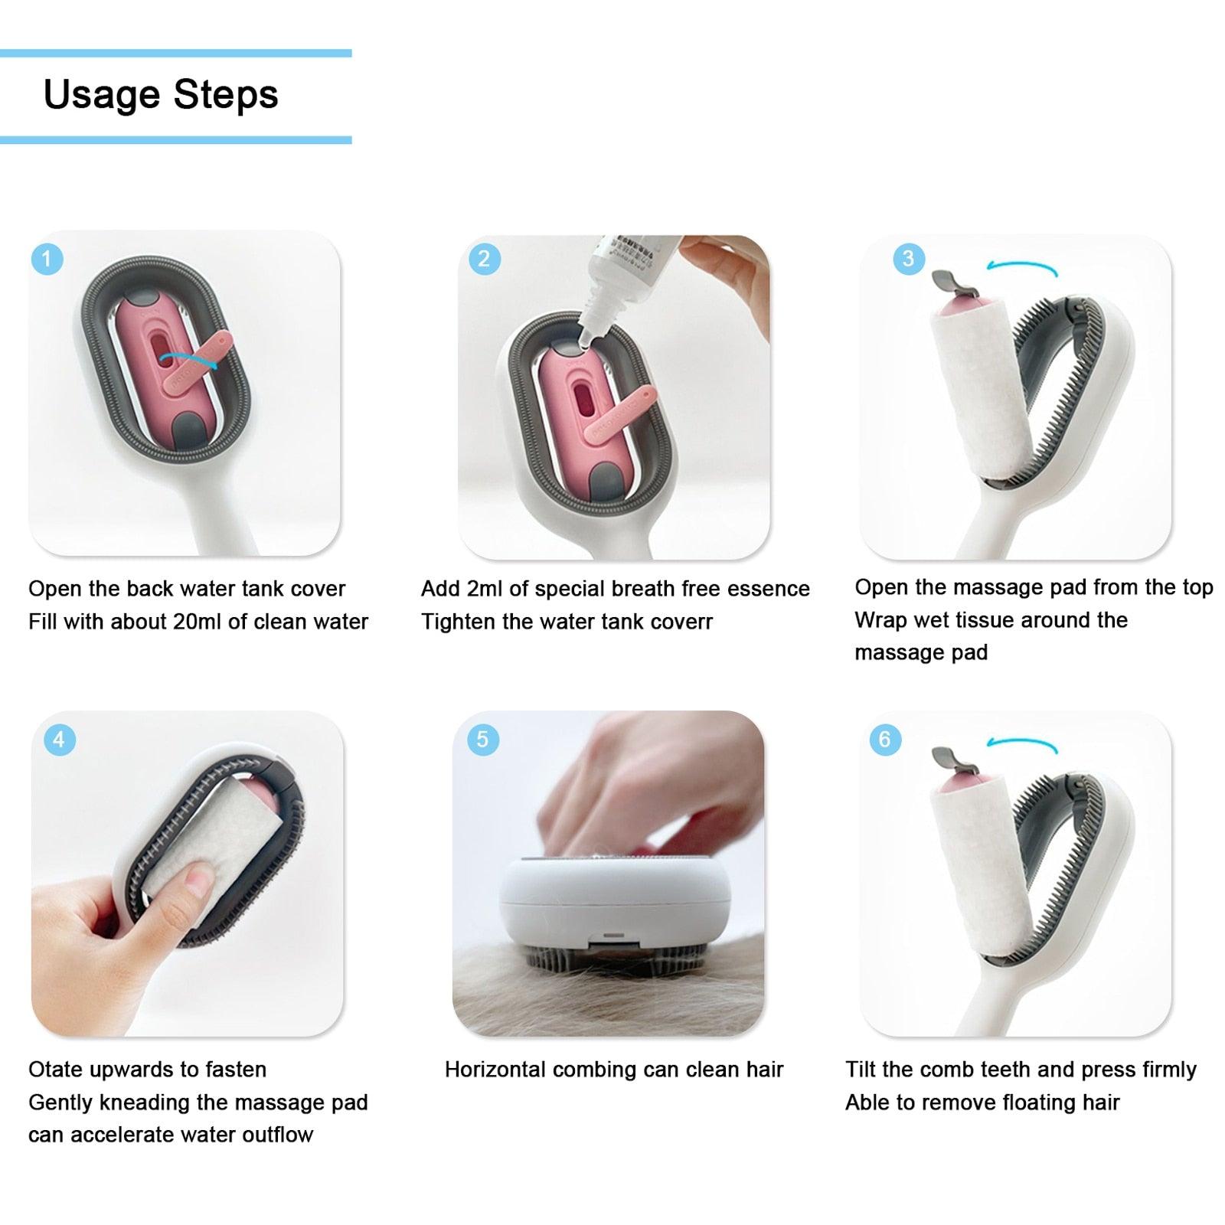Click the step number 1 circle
(47, 259)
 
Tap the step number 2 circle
(484, 259)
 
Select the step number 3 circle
(909, 258)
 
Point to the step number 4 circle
(60, 740)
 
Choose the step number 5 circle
(482, 740)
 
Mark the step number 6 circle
(885, 739)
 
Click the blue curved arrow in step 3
(1022, 268)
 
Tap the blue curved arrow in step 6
(1022, 743)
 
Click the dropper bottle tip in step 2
(583, 337)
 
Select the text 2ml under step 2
(483, 589)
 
